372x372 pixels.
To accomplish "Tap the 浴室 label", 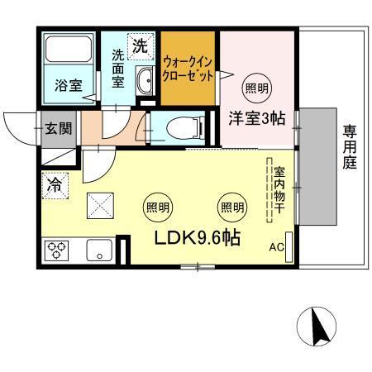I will (67, 85).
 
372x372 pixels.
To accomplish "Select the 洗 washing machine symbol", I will (141, 45).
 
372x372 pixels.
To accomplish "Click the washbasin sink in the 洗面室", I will (145, 81).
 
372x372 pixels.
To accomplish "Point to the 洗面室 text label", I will (119, 70).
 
